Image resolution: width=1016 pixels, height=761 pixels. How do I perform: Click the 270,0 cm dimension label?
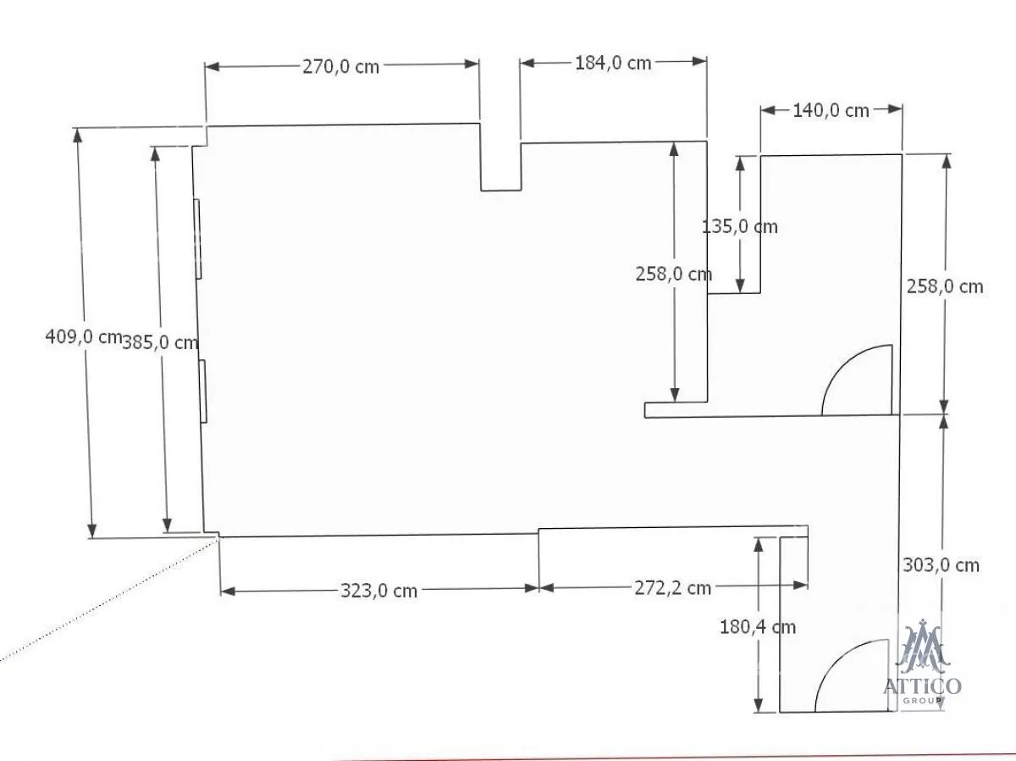tap(340, 67)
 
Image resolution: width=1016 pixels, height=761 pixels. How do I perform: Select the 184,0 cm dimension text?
tap(613, 63)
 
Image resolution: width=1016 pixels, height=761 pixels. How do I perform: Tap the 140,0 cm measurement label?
tap(831, 111)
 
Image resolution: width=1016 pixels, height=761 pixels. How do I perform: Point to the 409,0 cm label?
tap(84, 336)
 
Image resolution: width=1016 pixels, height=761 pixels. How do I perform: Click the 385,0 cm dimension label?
tap(160, 342)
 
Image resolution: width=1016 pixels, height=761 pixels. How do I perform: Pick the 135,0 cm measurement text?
tap(740, 227)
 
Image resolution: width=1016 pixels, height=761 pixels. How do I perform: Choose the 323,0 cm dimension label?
tap(378, 591)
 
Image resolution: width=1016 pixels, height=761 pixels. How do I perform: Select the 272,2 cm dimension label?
tap(672, 588)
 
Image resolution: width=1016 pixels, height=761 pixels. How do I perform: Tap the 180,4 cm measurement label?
tap(758, 628)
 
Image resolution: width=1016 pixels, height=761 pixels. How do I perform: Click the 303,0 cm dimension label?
tap(941, 565)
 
